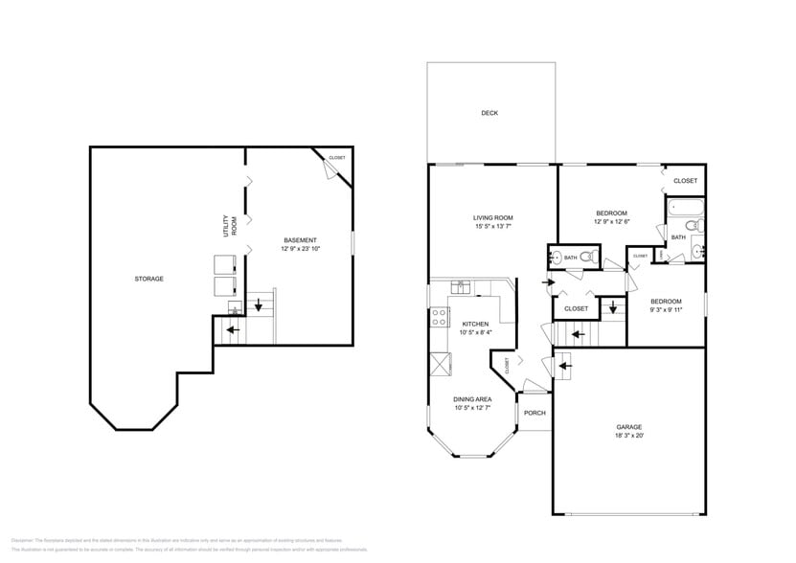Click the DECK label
[489, 113]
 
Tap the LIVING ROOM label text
[493, 217]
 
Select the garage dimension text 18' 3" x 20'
[628, 436]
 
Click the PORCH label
[534, 413]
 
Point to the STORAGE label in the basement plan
[148, 279]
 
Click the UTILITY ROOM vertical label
[230, 225]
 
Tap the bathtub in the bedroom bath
[683, 208]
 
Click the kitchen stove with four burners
[440, 317]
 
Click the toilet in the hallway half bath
[591, 257]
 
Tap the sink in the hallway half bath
[556, 257]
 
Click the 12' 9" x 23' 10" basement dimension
[300, 248]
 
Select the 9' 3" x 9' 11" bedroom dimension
[665, 309]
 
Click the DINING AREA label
[472, 398]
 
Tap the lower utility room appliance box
[225, 285]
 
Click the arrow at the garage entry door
[564, 364]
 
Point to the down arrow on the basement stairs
[257, 307]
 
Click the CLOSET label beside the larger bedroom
[685, 181]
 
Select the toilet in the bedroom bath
[698, 226]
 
